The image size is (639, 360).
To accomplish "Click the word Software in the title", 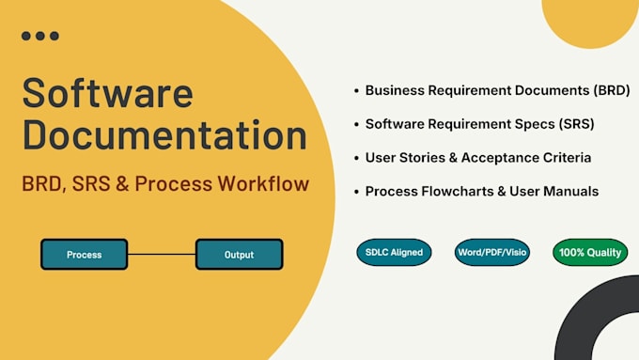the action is click(x=107, y=93).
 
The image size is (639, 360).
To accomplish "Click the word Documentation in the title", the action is click(x=164, y=134).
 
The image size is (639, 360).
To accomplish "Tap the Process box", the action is click(x=84, y=255).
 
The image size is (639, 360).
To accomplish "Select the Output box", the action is click(x=240, y=255).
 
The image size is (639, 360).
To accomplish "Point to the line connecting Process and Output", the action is click(x=162, y=255).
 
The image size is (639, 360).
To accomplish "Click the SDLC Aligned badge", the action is click(x=394, y=252).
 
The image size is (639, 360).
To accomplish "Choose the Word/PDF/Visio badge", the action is click(x=491, y=252).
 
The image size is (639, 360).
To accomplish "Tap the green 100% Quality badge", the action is click(x=590, y=252).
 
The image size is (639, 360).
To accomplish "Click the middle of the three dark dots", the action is click(x=39, y=36).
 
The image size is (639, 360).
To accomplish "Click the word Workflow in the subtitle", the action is click(x=263, y=183).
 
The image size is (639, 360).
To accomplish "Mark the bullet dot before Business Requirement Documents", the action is click(x=356, y=90).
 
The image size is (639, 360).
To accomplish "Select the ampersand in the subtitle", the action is click(x=122, y=184).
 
